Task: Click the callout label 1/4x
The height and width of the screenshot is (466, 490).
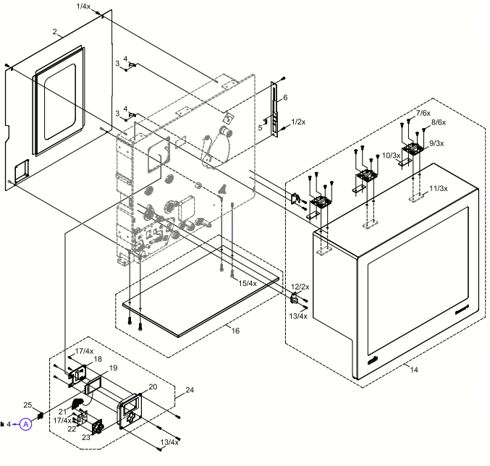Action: [x=83, y=6]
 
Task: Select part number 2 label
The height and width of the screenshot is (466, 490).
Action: [x=55, y=32]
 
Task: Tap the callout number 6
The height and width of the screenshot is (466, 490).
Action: [x=285, y=97]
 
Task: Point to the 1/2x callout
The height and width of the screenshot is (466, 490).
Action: [x=297, y=122]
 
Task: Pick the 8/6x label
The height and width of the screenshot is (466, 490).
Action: [x=439, y=122]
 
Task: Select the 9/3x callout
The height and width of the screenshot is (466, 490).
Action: [x=436, y=143]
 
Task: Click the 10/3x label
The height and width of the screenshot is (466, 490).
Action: [x=391, y=156]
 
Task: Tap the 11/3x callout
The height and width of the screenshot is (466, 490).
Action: [x=439, y=188]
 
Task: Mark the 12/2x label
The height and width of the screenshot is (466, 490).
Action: [x=300, y=287]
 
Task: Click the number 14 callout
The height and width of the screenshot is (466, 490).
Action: [x=413, y=370]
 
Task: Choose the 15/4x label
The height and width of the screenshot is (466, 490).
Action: [x=248, y=282]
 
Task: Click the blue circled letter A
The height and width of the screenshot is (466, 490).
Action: [x=26, y=424]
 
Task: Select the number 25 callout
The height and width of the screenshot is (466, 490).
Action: [x=28, y=404]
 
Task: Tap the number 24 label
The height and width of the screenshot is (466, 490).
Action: [x=190, y=391]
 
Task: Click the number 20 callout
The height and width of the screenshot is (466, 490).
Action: [x=152, y=387]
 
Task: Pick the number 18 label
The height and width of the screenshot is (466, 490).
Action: [x=98, y=359]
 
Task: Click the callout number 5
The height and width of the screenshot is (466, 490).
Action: [x=260, y=127]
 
